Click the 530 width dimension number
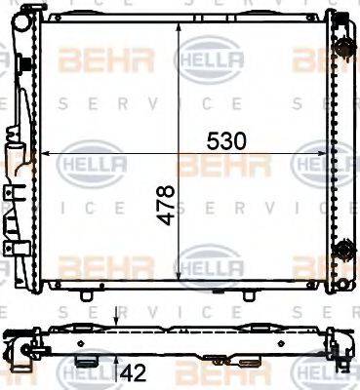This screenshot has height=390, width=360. coord(225,141)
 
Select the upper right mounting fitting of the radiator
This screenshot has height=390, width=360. coord(342,46)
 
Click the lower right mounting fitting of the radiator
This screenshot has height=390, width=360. coord(342,251)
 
